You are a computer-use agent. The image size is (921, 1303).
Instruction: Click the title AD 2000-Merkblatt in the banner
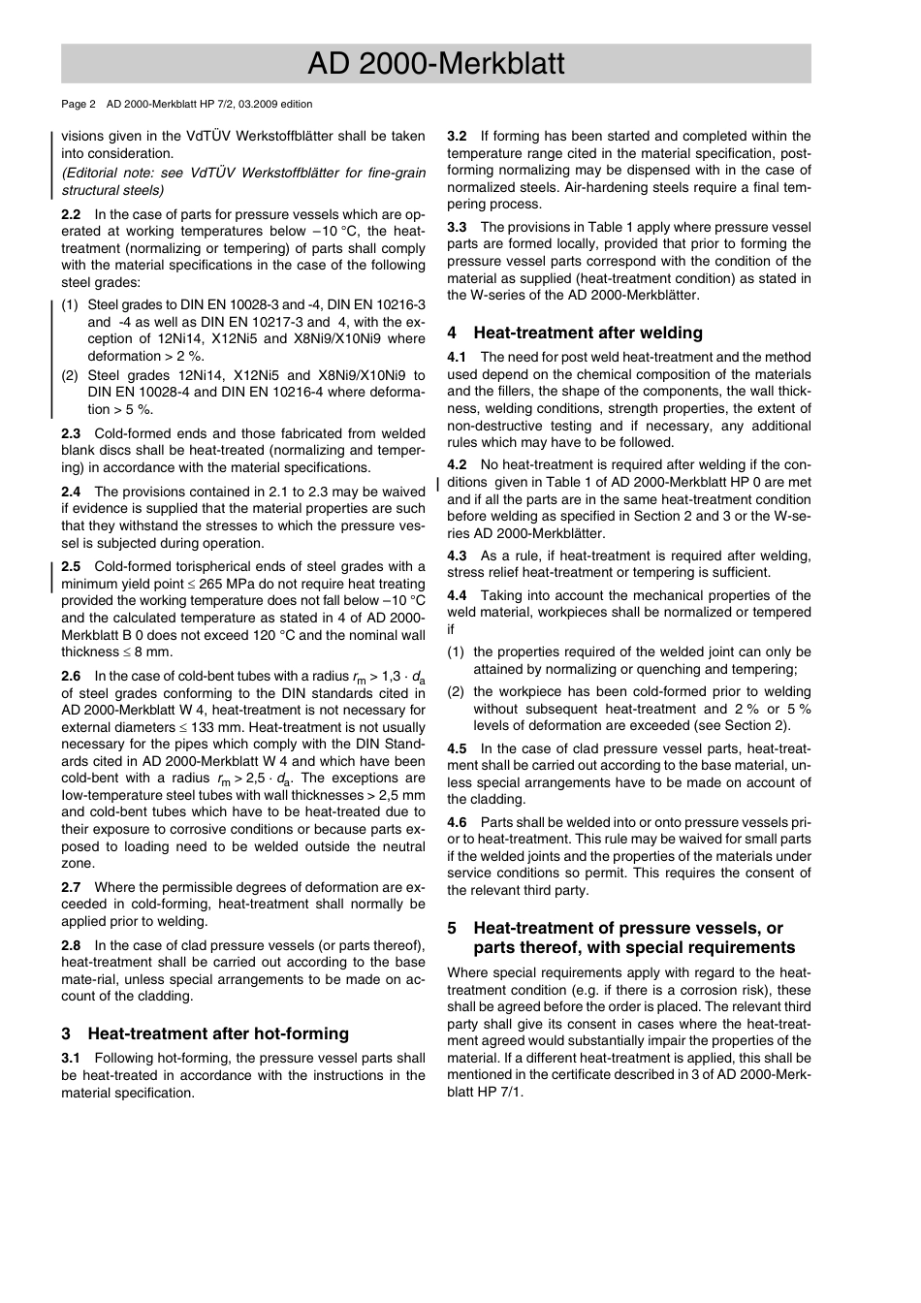[x=435, y=64]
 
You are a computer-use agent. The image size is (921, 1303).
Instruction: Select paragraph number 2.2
[x=71, y=215]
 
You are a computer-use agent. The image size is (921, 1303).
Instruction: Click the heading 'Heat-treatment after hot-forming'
[x=218, y=1033]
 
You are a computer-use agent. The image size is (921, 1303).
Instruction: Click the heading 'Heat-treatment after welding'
[x=588, y=333]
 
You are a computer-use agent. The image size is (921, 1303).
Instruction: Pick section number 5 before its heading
[x=452, y=928]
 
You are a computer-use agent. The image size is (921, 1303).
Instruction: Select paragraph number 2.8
[x=71, y=945]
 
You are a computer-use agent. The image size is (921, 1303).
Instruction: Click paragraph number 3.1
[x=71, y=1059]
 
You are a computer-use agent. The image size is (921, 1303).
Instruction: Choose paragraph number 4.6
[x=457, y=822]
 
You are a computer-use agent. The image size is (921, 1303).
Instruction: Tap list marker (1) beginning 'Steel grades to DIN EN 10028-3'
[x=70, y=305]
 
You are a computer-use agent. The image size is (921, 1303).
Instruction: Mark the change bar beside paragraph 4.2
[x=439, y=483]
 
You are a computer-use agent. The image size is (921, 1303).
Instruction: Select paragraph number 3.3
[x=457, y=227]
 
